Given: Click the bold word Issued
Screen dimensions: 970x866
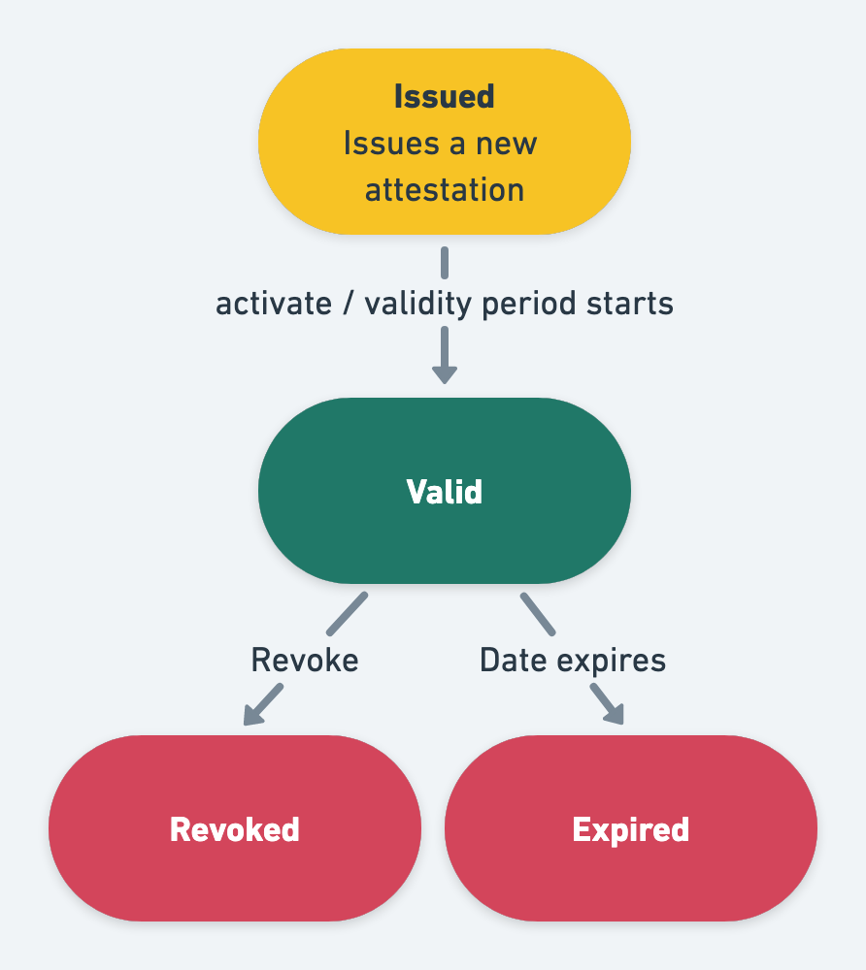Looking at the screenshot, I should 444,97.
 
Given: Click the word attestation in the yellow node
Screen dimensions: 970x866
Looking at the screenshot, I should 444,189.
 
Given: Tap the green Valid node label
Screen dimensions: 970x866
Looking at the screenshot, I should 444,492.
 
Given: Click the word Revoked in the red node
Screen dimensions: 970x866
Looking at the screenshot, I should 234,829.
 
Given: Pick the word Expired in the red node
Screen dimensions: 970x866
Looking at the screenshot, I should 630,829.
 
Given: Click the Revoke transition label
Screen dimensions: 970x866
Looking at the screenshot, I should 304,661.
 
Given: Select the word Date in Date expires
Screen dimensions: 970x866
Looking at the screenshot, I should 514,661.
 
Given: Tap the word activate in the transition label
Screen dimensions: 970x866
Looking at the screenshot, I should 273,304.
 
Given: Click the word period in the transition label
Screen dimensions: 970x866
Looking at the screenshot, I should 529,305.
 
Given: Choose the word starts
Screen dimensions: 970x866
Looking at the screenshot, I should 631,304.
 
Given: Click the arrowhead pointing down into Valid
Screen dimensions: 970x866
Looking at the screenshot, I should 444,373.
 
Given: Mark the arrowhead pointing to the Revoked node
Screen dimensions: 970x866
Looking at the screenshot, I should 253,716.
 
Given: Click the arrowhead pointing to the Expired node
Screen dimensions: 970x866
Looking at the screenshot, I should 613,715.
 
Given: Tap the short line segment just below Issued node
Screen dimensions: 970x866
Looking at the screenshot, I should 444,262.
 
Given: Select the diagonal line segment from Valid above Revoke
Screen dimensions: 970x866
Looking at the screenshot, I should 348,613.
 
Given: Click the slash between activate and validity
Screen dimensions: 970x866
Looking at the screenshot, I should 348,304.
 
